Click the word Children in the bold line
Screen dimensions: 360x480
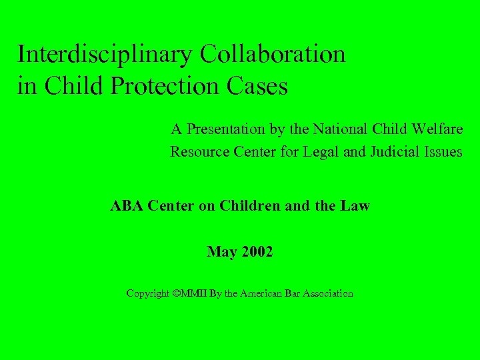coord(253,206)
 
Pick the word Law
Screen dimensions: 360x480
coord(355,206)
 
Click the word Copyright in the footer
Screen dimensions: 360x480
coord(147,293)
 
